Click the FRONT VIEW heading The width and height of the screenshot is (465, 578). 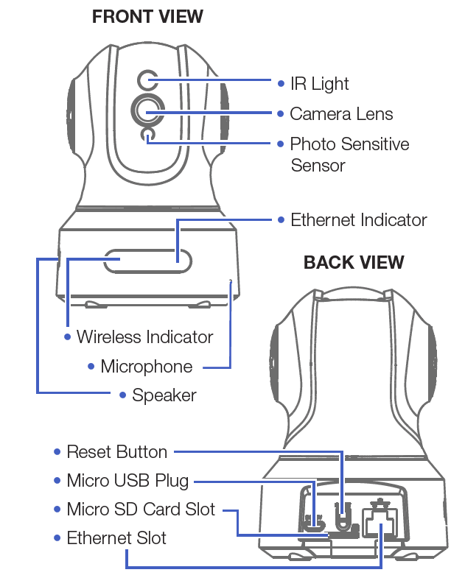(147, 17)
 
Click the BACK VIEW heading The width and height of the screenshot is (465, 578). (354, 262)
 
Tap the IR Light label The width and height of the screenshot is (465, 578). (319, 84)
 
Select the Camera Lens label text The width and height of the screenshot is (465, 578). (341, 114)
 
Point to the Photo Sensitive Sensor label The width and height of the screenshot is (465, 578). (349, 154)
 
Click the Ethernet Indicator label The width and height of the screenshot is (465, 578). (358, 220)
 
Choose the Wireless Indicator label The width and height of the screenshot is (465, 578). (144, 337)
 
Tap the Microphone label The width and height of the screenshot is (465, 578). (146, 367)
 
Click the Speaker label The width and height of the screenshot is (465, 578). (164, 395)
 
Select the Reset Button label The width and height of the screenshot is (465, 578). (116, 452)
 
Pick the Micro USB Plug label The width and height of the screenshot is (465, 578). (127, 481)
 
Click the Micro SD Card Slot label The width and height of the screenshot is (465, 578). (141, 510)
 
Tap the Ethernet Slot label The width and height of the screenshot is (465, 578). (116, 538)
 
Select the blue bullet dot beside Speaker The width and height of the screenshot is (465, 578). (123, 395)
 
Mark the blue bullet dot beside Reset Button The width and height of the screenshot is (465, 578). (57, 452)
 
